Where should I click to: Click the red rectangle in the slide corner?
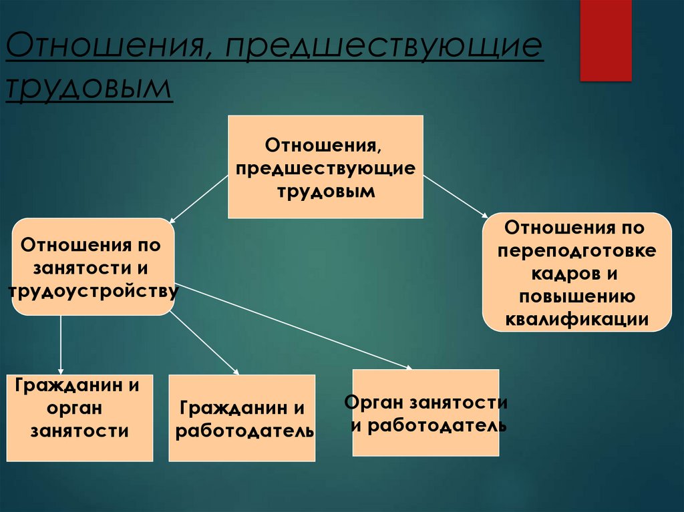605,40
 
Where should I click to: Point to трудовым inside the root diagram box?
326,191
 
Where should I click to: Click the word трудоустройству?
93,291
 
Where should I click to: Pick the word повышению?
576,296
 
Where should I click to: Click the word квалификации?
576,319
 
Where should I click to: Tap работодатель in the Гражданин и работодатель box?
244,431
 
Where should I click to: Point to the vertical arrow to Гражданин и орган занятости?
61,344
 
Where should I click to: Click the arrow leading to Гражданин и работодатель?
204,343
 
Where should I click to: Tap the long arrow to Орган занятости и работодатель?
294,326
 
